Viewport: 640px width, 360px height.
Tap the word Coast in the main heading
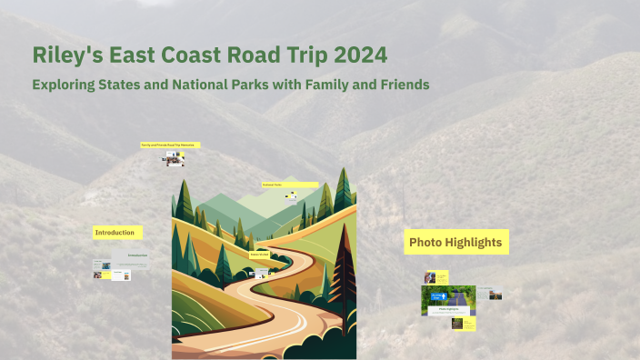[x=193, y=55]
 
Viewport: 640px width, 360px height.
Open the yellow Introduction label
[x=116, y=233]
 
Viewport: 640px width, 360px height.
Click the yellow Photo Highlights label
[x=455, y=242]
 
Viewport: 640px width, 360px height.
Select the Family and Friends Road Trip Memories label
[x=169, y=145]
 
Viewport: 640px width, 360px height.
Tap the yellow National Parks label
[x=289, y=185]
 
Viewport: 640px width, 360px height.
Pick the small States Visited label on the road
[x=259, y=255]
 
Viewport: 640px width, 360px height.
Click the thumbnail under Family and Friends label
[x=174, y=160]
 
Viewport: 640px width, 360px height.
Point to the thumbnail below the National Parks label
[x=291, y=195]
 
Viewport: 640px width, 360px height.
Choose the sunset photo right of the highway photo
[x=495, y=295]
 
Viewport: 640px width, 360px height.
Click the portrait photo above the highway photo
[x=431, y=277]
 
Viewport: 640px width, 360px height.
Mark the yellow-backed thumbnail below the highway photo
[x=463, y=324]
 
